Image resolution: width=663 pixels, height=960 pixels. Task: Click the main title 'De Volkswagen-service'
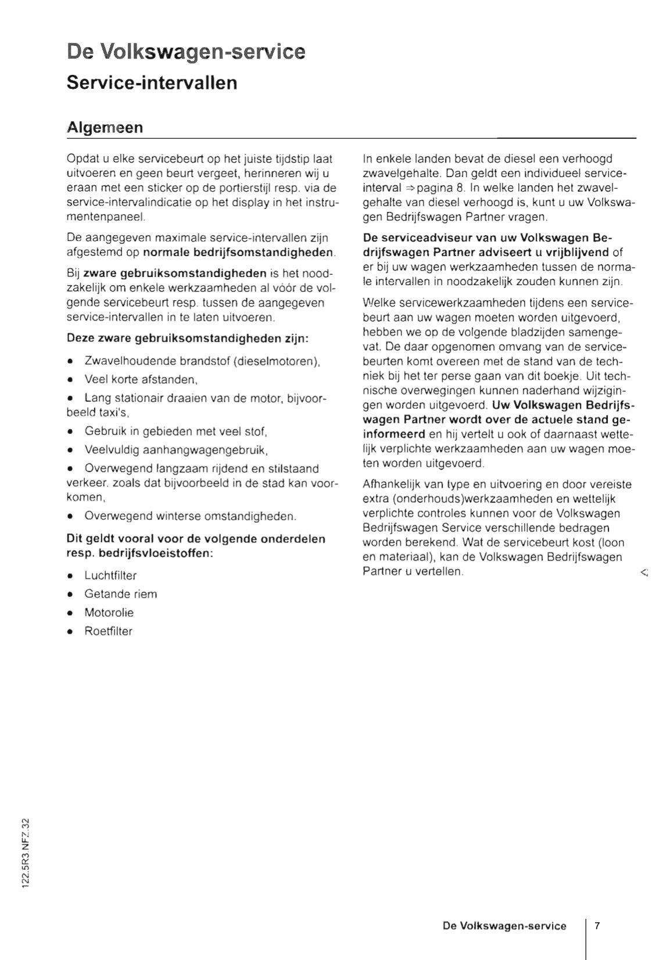[186, 51]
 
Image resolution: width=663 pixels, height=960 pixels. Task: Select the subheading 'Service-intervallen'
[152, 82]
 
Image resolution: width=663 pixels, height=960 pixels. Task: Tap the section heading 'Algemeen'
[105, 127]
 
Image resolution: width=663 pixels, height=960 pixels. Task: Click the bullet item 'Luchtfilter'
[110, 576]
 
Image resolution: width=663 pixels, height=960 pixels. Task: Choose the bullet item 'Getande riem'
[120, 594]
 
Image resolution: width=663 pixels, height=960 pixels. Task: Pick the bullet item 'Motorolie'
[109, 613]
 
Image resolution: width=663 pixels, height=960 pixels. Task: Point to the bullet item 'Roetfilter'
[108, 631]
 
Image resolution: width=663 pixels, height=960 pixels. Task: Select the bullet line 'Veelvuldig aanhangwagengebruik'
[175, 450]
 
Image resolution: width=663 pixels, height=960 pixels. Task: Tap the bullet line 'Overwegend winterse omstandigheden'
[190, 516]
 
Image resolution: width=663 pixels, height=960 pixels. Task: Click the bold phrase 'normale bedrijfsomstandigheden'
[238, 253]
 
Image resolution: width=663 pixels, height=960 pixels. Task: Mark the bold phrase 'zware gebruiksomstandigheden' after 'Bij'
[175, 273]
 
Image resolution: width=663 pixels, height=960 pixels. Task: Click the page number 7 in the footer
[597, 926]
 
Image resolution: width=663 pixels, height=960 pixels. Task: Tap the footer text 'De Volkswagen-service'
[504, 926]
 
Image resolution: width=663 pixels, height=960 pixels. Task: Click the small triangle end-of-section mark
[643, 573]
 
